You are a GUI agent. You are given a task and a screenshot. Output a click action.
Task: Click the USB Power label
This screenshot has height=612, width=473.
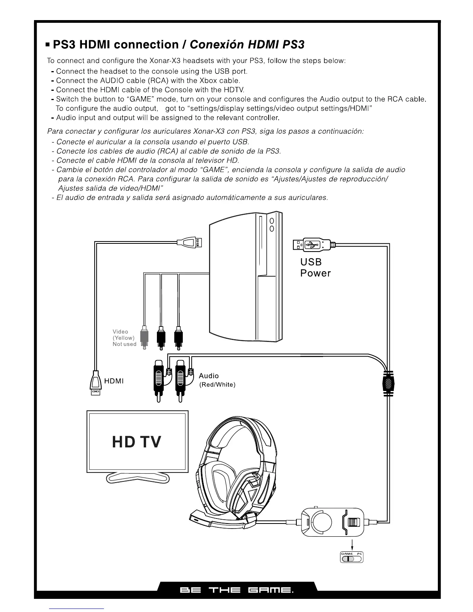pos(315,268)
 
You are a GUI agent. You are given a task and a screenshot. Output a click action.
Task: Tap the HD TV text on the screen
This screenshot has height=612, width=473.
pos(136,442)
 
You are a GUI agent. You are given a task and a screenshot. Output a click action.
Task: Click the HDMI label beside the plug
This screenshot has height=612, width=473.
pos(114,381)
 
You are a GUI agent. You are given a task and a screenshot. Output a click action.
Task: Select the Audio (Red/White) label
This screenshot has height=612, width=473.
pos(216,380)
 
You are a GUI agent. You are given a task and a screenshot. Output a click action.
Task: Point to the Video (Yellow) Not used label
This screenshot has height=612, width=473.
pos(124,338)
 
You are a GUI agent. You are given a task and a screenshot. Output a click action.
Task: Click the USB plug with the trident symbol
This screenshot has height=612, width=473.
pos(312,245)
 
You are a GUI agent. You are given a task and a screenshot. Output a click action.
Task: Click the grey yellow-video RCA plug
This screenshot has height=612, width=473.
pos(143,337)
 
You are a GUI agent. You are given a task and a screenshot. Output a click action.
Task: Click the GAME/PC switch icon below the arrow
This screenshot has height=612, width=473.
pos(352,558)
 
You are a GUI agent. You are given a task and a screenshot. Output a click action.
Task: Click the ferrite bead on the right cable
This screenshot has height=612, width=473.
pos(388,383)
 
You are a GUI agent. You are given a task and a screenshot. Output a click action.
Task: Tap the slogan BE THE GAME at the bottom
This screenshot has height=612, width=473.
pos(236,590)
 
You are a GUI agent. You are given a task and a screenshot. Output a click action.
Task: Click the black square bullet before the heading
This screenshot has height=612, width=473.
pos(48,45)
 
